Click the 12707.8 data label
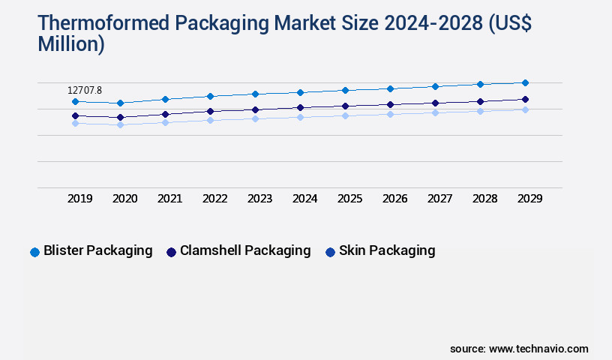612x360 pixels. point(84,90)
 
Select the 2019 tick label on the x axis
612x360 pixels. point(80,199)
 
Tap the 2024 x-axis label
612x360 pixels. point(304,199)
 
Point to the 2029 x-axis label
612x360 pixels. point(529,199)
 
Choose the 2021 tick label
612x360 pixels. point(170,199)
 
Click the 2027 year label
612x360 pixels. point(439,199)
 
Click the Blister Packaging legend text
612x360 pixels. point(98,250)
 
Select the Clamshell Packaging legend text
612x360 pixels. point(245,250)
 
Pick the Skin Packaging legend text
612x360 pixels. point(387,250)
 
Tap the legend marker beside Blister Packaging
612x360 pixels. point(34,252)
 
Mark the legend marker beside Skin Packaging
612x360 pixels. point(330,252)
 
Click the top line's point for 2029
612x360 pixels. point(525,82)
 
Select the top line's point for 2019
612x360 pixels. point(75,101)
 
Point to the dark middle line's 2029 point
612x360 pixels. point(525,99)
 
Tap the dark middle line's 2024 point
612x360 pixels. point(300,107)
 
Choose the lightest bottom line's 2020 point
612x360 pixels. point(120,124)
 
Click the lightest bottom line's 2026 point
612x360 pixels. point(390,114)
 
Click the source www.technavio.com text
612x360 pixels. point(519,349)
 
